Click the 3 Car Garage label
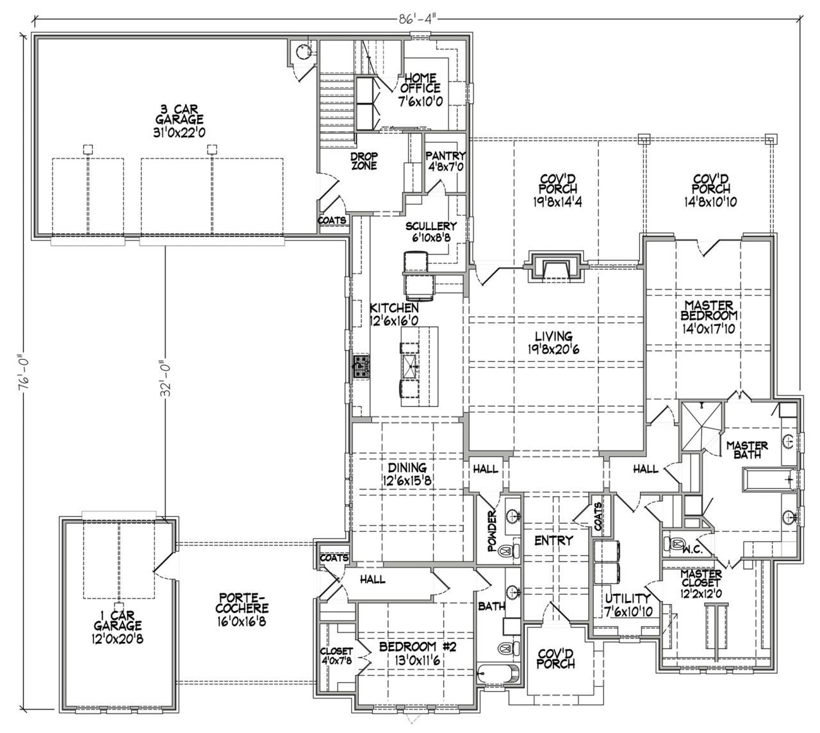click(179, 121)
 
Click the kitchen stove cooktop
click(361, 366)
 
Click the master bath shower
click(702, 426)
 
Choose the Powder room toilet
click(509, 550)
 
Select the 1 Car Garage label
click(118, 627)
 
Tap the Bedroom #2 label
click(417, 654)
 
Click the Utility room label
click(628, 604)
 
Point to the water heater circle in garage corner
click(302, 52)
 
